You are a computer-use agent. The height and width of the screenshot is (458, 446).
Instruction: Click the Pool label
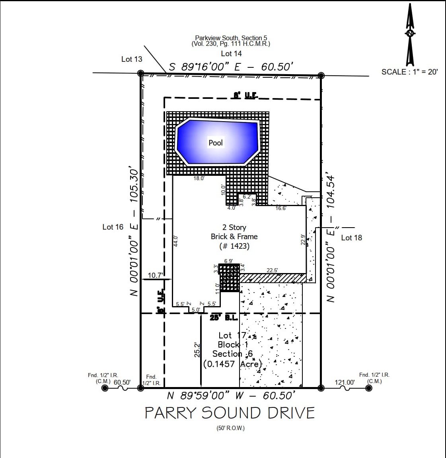pyautogui.click(x=216, y=143)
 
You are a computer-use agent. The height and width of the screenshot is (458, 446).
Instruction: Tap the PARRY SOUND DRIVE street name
pyautogui.click(x=230, y=413)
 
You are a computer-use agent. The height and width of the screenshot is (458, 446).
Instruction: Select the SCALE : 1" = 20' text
pyautogui.click(x=409, y=72)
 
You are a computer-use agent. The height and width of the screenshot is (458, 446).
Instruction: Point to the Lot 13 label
pyautogui.click(x=132, y=59)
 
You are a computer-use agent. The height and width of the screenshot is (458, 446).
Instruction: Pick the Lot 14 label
pyautogui.click(x=231, y=53)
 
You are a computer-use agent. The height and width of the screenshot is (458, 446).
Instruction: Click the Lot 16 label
pyautogui.click(x=113, y=227)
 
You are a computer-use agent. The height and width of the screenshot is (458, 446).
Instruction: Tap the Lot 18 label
pyautogui.click(x=352, y=238)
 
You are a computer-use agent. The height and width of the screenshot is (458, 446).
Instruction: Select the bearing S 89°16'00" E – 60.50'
pyautogui.click(x=231, y=67)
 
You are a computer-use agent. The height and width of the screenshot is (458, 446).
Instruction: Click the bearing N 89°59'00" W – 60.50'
pyautogui.click(x=231, y=395)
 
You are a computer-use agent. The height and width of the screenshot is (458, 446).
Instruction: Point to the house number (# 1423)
pyautogui.click(x=234, y=246)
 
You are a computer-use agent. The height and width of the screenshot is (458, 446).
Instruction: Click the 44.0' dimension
pyautogui.click(x=176, y=242)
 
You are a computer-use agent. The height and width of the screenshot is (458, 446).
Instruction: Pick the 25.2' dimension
pyautogui.click(x=197, y=349)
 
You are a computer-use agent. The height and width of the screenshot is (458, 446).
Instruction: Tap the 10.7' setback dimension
pyautogui.click(x=155, y=275)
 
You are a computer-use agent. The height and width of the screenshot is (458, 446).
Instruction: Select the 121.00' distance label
pyautogui.click(x=345, y=382)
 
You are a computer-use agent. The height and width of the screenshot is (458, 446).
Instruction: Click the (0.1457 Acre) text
pyautogui.click(x=233, y=364)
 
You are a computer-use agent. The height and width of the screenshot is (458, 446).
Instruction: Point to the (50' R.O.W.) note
pyautogui.click(x=230, y=428)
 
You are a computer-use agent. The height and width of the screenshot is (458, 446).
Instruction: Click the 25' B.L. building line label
pyautogui.click(x=224, y=318)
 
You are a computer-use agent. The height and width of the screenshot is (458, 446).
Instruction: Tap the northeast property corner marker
pyautogui.click(x=321, y=75)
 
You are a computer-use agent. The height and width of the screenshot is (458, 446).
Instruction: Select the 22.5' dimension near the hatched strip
pyautogui.click(x=272, y=270)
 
